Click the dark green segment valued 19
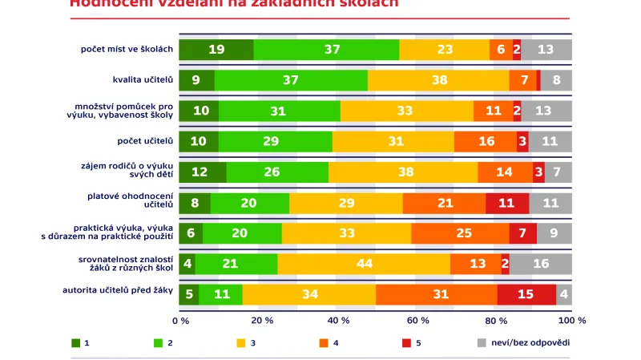coord(216,50)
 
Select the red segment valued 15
coord(526,294)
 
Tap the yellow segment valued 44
coord(364,264)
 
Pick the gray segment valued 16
coord(541,264)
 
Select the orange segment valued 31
coord(436,294)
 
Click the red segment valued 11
coord(507,203)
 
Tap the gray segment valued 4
coord(564,294)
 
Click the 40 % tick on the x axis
coord(337,321)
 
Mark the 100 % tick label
coord(571,321)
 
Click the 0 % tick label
coord(180,321)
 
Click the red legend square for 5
coord(406,342)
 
